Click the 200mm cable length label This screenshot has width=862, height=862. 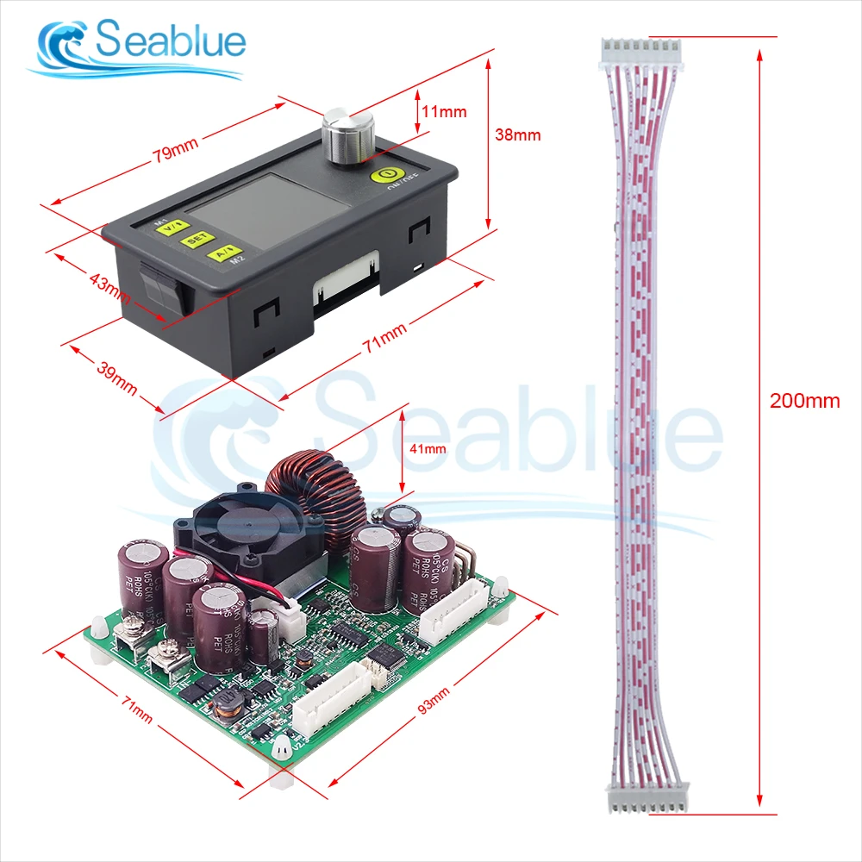pyautogui.click(x=805, y=401)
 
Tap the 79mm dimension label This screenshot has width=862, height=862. pyautogui.click(x=175, y=153)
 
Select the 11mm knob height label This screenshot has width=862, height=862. pyautogui.click(x=444, y=111)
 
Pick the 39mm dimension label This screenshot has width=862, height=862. pyautogui.click(x=117, y=376)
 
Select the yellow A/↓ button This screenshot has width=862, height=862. pyautogui.click(x=219, y=253)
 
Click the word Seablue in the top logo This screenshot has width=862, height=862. pyautogui.click(x=170, y=40)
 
